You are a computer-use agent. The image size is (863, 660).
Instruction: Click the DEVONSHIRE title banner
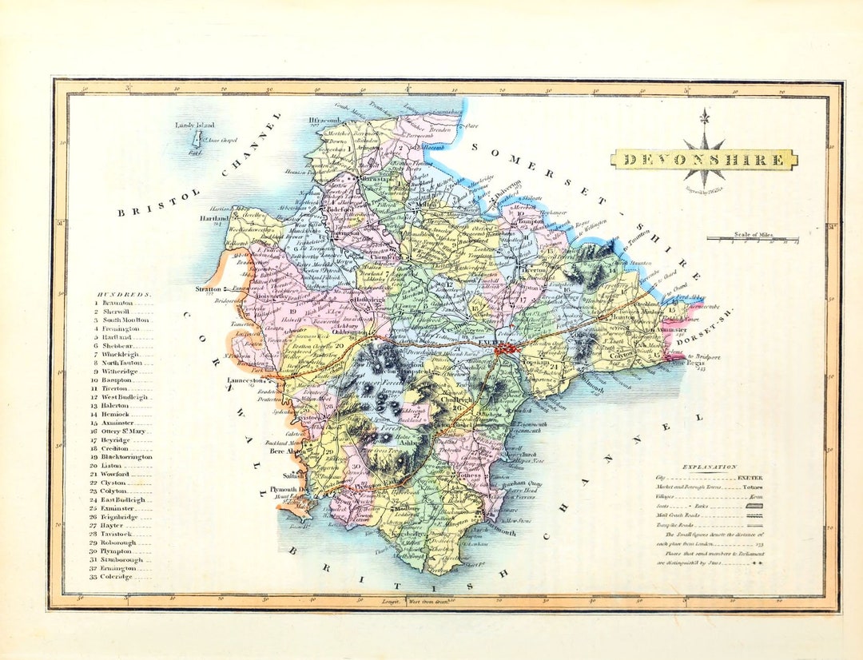pyautogui.click(x=704, y=160)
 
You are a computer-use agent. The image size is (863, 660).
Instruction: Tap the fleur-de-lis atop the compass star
pyautogui.click(x=704, y=117)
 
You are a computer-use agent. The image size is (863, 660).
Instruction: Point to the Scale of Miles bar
pyautogui.click(x=752, y=239)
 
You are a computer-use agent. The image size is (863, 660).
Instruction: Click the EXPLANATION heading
pyautogui.click(x=709, y=467)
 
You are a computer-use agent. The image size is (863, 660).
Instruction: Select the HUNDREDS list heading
pyautogui.click(x=123, y=294)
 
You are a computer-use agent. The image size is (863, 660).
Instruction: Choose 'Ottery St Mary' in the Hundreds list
pyautogui.click(x=125, y=431)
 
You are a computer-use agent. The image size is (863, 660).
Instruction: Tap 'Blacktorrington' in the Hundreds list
pyautogui.click(x=125, y=457)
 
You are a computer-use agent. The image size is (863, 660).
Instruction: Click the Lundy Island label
pyautogui.click(x=193, y=125)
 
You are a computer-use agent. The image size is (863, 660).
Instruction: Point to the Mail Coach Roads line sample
pyautogui.click(x=752, y=516)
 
